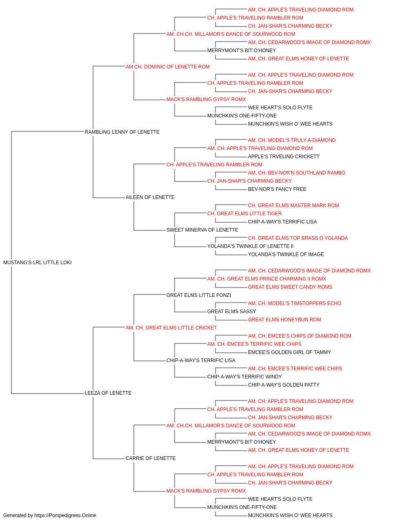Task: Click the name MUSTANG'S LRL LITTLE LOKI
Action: [x=37, y=263]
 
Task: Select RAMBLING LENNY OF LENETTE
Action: [x=122, y=132]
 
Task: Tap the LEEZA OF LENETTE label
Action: [x=108, y=393]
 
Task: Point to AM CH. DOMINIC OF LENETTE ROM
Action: [x=167, y=67]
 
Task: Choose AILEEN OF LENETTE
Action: [x=150, y=197]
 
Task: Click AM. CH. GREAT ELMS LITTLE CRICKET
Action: [x=171, y=328]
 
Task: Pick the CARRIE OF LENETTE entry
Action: [x=151, y=458]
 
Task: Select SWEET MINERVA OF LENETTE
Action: [x=202, y=230]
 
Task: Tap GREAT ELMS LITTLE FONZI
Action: [x=198, y=295]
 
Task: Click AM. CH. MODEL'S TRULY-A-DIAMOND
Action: [x=292, y=140]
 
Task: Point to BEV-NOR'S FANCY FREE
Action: [x=277, y=189]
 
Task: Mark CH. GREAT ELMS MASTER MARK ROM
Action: [x=293, y=206]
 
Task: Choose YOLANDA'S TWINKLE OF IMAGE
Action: [x=286, y=254]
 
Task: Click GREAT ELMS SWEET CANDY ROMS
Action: [x=290, y=287]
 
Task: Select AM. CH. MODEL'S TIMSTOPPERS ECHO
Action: [x=294, y=303]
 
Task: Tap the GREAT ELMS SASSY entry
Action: [x=231, y=312]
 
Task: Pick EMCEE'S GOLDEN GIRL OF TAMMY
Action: [x=289, y=352]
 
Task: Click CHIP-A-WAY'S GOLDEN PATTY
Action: [x=284, y=385]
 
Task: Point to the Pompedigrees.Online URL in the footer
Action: [x=65, y=515]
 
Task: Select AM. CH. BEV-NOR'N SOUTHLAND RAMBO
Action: [x=297, y=173]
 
